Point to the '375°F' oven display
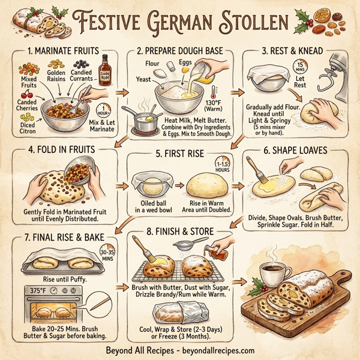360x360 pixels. tap(34, 289)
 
